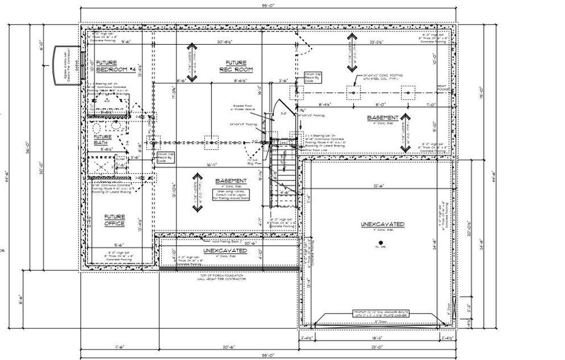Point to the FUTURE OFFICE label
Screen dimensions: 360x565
click(x=115, y=220)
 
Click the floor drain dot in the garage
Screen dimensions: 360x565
click(x=380, y=242)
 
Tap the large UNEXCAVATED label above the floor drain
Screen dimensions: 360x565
click(x=382, y=224)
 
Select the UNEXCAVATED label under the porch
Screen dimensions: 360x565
click(x=225, y=251)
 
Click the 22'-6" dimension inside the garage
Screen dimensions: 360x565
click(x=378, y=186)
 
